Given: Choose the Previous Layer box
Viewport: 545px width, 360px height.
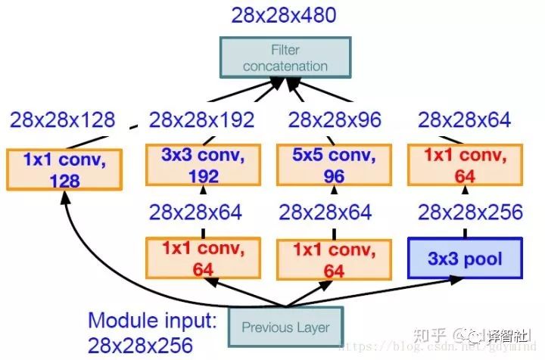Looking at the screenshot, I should pyautogui.click(x=285, y=327).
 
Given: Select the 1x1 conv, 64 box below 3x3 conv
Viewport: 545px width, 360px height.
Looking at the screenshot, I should pyautogui.click(x=202, y=259).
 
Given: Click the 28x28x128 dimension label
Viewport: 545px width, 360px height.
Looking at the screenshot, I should pyautogui.click(x=62, y=119).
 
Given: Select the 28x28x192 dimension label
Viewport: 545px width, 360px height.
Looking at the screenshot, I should pyautogui.click(x=201, y=119).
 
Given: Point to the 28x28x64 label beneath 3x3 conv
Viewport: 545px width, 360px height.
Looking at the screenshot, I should pyautogui.click(x=195, y=213).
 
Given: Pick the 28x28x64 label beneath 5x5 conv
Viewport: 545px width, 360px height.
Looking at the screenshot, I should pyautogui.click(x=325, y=213).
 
